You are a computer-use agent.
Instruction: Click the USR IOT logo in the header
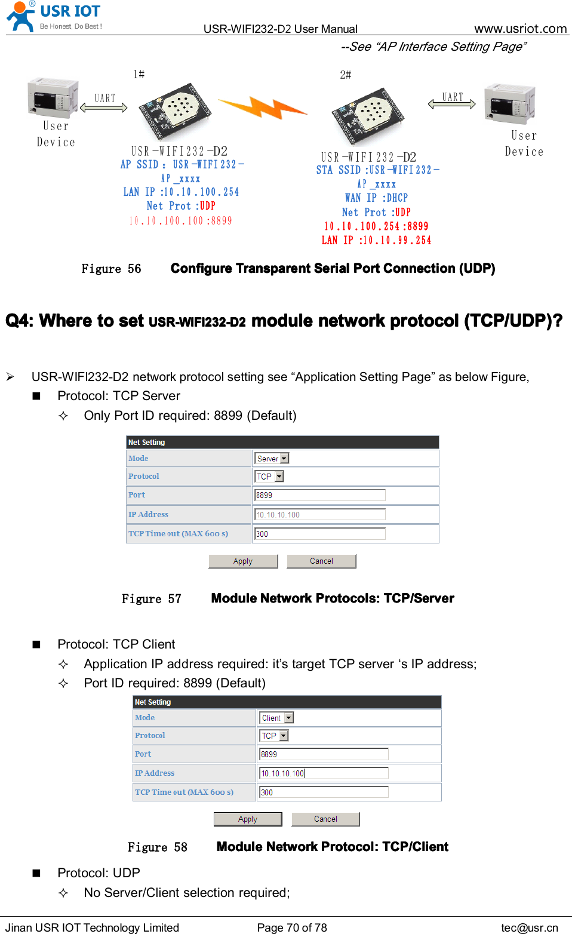click(54, 17)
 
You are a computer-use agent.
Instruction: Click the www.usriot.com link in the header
click(520, 29)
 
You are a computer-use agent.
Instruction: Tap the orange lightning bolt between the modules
click(263, 109)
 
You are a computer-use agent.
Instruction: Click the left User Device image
click(53, 97)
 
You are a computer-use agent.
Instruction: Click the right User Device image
click(509, 103)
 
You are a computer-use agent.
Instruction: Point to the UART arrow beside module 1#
click(104, 107)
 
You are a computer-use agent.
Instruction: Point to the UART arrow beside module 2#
click(452, 104)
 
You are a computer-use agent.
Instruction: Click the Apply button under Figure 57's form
click(243, 561)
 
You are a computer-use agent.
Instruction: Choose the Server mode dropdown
click(272, 459)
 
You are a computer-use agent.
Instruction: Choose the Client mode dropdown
click(276, 718)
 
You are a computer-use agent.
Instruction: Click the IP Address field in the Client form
click(324, 773)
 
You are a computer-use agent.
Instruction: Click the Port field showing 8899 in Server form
click(320, 495)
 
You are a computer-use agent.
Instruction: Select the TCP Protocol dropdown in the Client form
click(274, 736)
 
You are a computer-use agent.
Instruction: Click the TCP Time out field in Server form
click(320, 534)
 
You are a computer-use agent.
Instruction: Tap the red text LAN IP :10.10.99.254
click(376, 240)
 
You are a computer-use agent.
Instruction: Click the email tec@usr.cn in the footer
click(529, 927)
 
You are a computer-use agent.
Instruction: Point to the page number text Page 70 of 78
click(292, 927)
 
